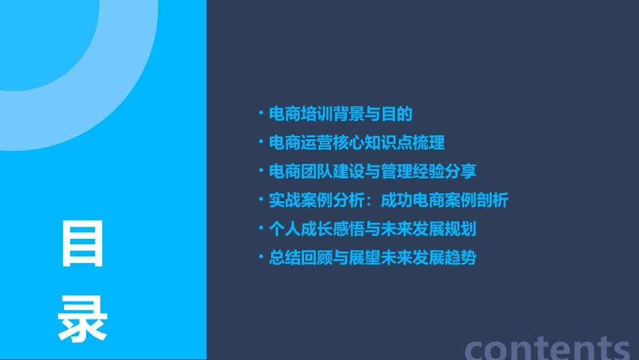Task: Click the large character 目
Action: [x=83, y=244]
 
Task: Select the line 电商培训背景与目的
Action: [x=340, y=114]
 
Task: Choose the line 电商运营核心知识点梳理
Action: [x=356, y=143]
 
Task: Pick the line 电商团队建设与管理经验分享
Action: [x=373, y=172]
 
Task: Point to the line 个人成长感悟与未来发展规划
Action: [x=373, y=229]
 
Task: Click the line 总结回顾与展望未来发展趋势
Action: [x=373, y=258]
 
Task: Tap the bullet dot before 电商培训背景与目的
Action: [x=261, y=114]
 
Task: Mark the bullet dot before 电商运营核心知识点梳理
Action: [x=261, y=143]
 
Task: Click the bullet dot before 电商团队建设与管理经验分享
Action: [x=261, y=172]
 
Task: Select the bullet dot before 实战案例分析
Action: [x=261, y=200]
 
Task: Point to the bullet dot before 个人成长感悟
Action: [x=261, y=229]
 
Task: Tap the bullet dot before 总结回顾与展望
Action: [x=261, y=258]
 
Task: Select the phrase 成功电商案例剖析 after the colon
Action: [x=445, y=201]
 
